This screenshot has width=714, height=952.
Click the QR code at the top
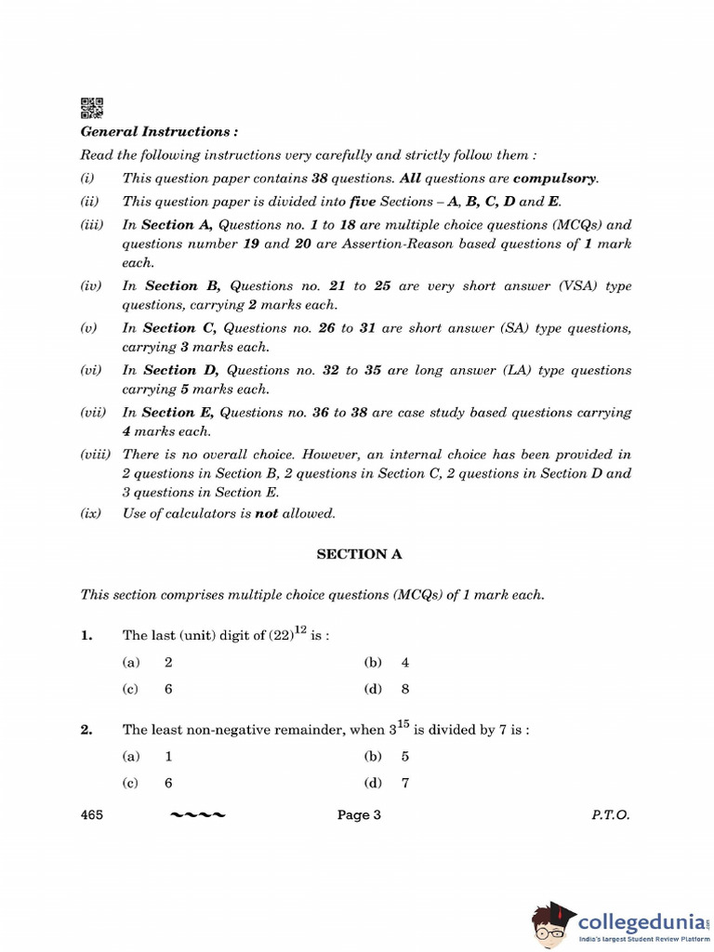click(91, 108)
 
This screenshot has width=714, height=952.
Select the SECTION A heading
click(360, 554)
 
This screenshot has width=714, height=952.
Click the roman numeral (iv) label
click(90, 286)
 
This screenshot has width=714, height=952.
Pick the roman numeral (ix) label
click(90, 513)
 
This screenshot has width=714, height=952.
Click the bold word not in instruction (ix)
click(267, 513)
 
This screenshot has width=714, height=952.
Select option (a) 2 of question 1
click(148, 663)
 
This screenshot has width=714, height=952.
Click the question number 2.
click(86, 731)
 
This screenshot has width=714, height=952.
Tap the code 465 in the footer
click(91, 815)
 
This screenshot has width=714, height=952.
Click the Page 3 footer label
click(359, 815)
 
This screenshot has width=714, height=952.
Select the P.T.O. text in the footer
click(610, 815)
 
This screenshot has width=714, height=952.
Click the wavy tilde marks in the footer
click(197, 815)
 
